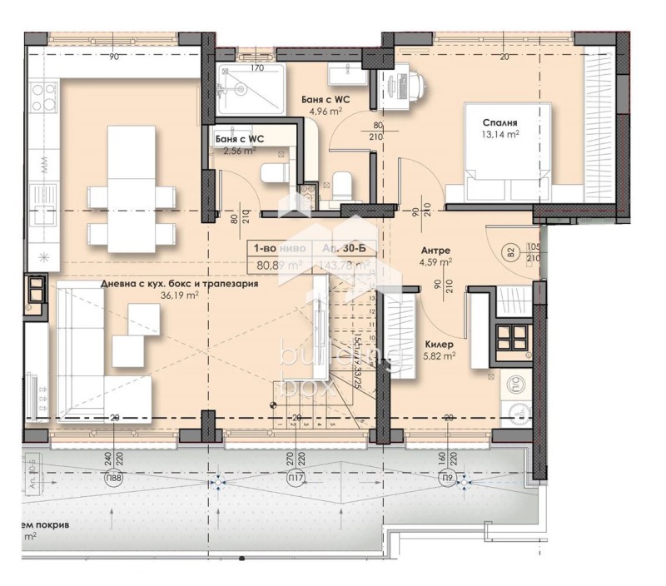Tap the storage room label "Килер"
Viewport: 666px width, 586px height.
click(x=439, y=343)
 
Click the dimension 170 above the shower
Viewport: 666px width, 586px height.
click(x=257, y=68)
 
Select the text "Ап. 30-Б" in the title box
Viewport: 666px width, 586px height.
click(x=342, y=248)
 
